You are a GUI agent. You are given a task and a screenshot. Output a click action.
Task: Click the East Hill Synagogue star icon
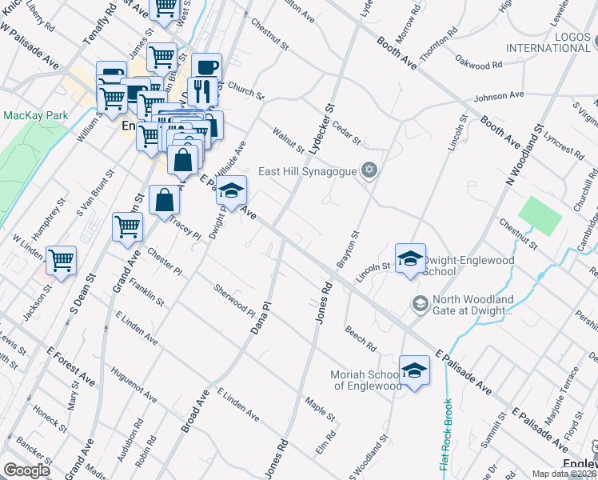(x=369, y=170)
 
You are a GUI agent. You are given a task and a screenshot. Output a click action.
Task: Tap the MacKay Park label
(x=35, y=115)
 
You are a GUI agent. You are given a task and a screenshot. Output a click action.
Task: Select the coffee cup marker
(x=206, y=67)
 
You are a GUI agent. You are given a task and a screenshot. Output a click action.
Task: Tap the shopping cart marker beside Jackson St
(x=61, y=261)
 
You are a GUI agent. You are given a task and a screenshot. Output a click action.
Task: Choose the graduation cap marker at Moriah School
(x=414, y=370)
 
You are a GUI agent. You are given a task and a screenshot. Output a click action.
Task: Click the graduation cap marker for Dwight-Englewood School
(x=410, y=258)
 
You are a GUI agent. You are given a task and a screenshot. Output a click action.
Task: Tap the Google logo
(x=26, y=470)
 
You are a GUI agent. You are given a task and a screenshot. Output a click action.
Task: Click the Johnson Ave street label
(x=498, y=97)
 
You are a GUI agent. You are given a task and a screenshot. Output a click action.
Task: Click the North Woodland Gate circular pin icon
(x=419, y=304)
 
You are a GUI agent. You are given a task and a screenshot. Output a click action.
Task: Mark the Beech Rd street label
(x=361, y=338)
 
